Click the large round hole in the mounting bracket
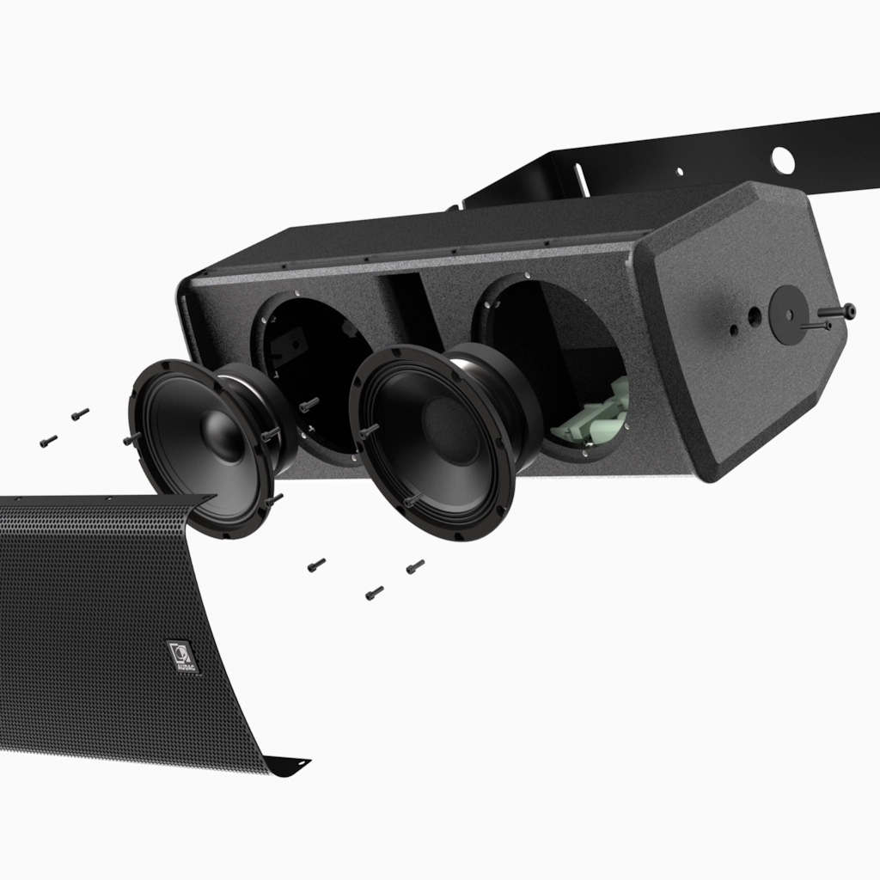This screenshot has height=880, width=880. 782,158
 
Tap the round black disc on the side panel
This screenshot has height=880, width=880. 788,315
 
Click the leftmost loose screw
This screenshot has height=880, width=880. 48,441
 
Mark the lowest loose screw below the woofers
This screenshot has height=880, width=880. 374,593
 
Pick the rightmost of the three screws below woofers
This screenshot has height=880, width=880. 415,566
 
